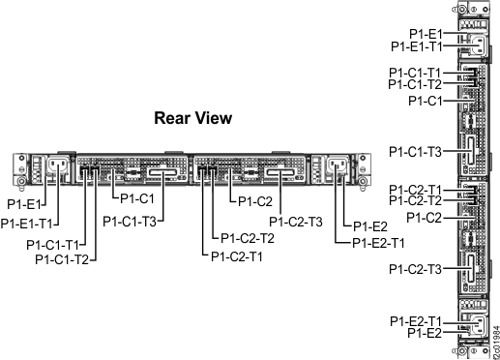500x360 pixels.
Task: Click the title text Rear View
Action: (x=193, y=118)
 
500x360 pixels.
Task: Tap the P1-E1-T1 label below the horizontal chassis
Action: (x=26, y=224)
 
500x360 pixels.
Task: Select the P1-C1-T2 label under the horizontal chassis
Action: (x=62, y=259)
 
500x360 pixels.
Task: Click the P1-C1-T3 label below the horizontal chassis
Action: (x=130, y=222)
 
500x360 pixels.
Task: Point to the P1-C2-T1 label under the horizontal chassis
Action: (x=237, y=256)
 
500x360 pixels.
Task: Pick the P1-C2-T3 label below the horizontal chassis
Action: (x=296, y=222)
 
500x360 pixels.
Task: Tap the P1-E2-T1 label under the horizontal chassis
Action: (x=378, y=243)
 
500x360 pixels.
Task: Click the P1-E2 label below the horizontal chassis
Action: (x=370, y=226)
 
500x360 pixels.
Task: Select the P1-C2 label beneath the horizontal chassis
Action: (x=255, y=201)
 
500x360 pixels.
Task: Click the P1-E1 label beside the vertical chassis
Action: (x=426, y=34)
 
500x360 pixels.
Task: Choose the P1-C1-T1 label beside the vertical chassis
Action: (x=415, y=73)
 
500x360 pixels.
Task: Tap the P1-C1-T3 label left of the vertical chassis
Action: (x=415, y=152)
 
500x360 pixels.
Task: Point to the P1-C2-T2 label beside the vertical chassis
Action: (x=415, y=200)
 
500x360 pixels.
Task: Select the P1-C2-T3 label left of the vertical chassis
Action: (x=415, y=269)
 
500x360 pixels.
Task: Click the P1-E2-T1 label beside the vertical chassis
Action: (x=416, y=321)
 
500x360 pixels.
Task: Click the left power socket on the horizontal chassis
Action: (x=59, y=165)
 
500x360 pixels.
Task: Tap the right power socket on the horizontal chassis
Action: (x=338, y=165)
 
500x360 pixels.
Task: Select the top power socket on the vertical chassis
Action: (x=479, y=45)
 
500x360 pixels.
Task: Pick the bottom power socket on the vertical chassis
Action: (x=479, y=325)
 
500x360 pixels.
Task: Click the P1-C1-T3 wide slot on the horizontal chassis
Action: (x=163, y=173)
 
